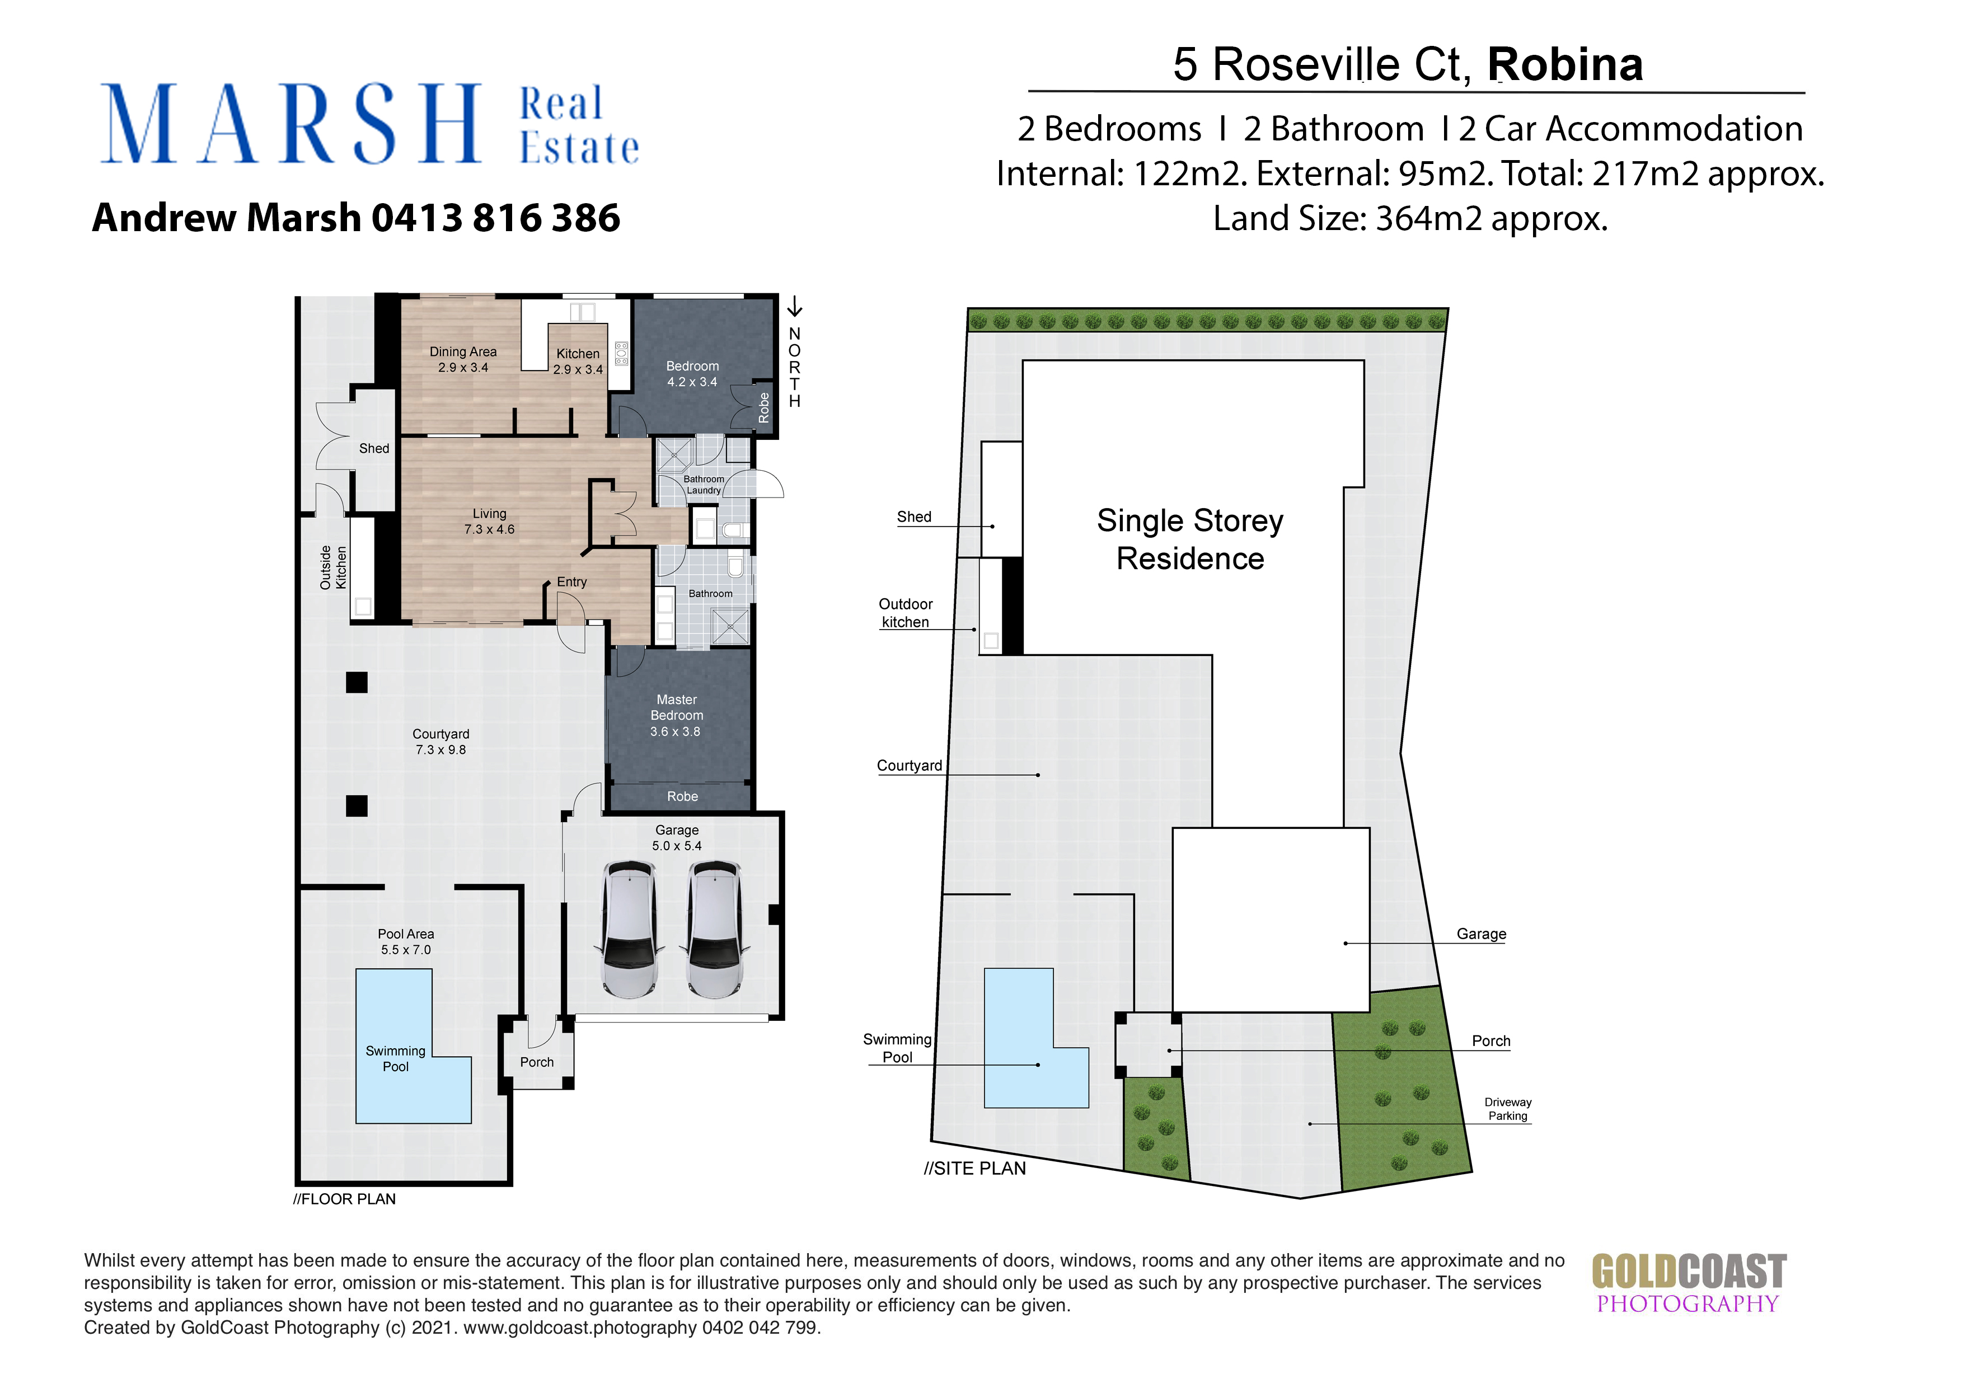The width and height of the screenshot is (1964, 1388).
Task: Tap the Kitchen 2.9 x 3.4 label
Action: click(578, 361)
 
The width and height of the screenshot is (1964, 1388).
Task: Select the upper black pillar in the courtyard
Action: click(357, 682)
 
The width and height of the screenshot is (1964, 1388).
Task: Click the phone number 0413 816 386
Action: click(495, 217)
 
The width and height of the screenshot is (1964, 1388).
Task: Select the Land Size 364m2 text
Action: click(1410, 219)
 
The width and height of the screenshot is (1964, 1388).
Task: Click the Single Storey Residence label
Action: click(1190, 539)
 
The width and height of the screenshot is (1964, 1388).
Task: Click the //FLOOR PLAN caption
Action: click(345, 1199)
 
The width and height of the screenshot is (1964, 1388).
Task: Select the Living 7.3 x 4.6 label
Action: click(489, 521)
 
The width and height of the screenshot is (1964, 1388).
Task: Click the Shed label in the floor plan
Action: click(374, 448)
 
